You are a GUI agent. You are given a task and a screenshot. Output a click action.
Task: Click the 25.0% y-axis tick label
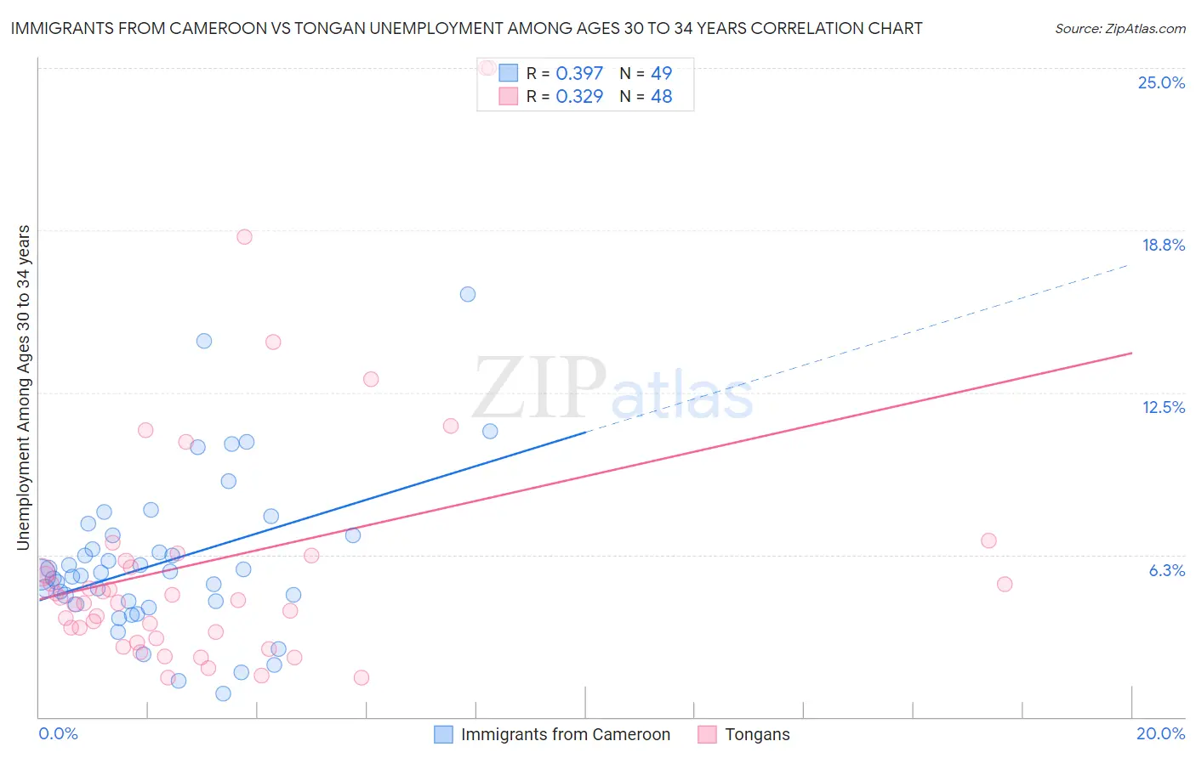pos(1161,82)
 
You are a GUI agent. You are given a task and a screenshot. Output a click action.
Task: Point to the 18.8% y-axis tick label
pos(1163,245)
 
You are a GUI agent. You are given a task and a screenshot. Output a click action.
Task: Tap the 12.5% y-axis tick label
pos(1163,407)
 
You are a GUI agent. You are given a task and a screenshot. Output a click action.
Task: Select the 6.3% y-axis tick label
pos(1166,570)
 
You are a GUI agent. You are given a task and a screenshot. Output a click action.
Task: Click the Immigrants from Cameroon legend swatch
pos(443,734)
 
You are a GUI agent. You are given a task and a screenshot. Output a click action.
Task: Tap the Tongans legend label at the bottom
pos(757,734)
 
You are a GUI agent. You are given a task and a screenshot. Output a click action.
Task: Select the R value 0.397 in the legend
pos(579,74)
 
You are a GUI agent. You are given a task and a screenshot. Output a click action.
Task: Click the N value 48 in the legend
pos(661,97)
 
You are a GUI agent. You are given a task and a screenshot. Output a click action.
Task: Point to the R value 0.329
pos(579,97)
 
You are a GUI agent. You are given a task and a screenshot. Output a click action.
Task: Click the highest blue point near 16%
pos(468,294)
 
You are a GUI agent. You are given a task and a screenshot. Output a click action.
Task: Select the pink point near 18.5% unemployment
pos(244,237)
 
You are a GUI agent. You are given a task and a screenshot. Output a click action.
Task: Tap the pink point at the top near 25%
pos(488,67)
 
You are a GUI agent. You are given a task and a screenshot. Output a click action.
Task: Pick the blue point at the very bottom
pos(223,693)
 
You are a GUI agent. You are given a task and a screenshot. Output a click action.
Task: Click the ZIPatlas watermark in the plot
pos(612,389)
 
